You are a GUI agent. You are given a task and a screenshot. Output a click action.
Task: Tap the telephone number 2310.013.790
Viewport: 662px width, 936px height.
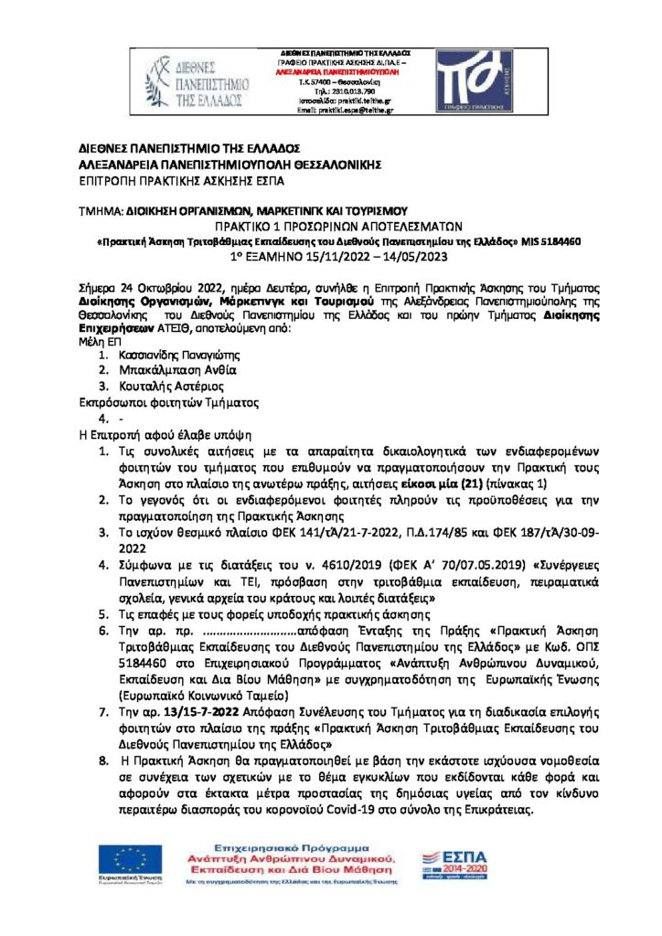345,91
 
